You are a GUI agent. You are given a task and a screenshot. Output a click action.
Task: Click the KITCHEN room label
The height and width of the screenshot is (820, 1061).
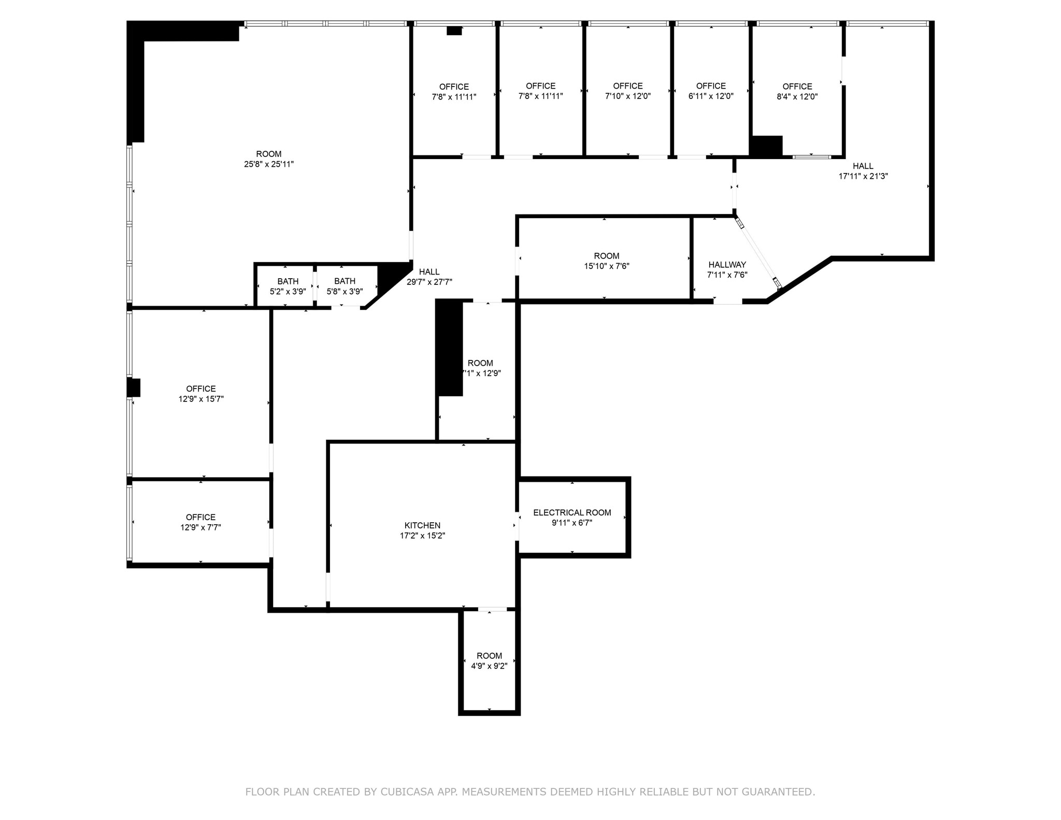422,526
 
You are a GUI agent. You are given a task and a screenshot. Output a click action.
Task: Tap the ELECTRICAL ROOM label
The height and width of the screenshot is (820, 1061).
572,513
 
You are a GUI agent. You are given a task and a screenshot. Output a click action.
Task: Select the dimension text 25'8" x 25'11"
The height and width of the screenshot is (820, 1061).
269,164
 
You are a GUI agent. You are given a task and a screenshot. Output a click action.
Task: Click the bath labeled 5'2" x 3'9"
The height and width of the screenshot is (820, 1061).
288,286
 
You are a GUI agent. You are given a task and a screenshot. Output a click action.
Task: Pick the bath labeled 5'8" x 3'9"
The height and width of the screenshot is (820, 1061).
345,286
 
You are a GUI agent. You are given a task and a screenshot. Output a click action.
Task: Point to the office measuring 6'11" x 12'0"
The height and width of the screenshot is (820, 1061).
711,91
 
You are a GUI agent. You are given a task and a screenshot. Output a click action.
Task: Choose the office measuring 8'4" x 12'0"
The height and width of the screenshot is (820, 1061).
797,92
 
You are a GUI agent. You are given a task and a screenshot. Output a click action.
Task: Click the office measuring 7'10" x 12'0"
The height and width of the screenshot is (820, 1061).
628,91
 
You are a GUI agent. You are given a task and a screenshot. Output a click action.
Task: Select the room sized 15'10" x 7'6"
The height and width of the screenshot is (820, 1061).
606,261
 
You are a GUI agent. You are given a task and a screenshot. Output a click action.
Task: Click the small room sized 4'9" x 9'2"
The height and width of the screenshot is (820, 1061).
489,661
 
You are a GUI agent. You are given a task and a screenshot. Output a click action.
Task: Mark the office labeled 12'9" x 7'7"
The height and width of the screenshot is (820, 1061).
200,522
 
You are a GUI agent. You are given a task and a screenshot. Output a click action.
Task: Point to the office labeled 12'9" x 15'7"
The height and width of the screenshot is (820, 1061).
201,394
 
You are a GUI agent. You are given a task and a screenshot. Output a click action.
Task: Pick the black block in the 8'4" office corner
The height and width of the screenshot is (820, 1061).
766,146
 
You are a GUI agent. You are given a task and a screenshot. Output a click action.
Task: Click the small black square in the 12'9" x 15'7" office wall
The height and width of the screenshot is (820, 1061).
134,387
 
